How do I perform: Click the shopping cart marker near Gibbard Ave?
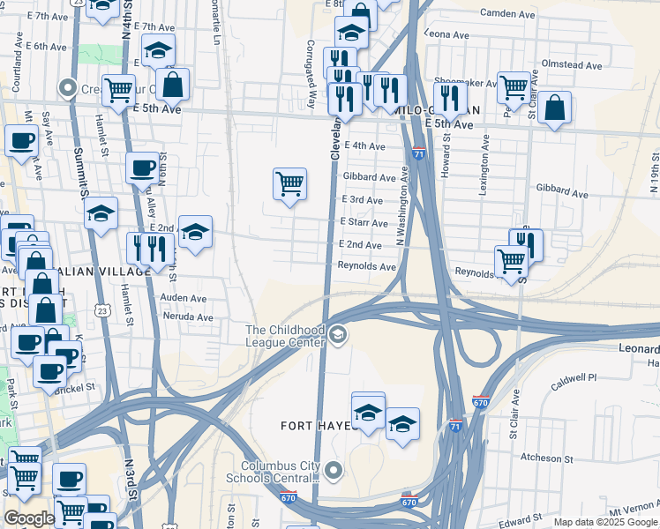tap(289, 185)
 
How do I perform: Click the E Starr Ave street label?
tap(360, 223)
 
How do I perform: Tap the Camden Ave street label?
tap(508, 13)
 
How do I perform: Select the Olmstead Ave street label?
tap(572, 65)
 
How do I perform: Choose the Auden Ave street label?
tap(184, 298)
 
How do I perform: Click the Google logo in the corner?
tap(29, 518)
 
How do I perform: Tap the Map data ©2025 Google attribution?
tap(605, 522)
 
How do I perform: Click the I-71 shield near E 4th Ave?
tap(418, 153)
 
